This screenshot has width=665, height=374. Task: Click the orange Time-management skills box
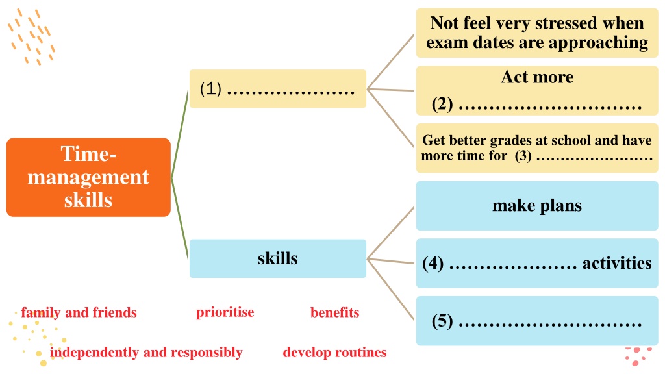click(x=88, y=177)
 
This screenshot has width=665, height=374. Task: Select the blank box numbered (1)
click(x=278, y=88)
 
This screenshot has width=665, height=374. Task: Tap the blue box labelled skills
click(x=278, y=258)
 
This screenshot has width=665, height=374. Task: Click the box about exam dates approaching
click(x=537, y=32)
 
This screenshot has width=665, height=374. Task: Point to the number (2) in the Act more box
click(x=442, y=105)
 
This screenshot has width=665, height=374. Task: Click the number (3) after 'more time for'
click(x=523, y=156)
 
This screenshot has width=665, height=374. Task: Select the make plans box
click(x=537, y=206)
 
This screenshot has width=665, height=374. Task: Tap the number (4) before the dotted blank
click(x=433, y=264)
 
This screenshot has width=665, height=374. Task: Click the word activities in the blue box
click(x=617, y=264)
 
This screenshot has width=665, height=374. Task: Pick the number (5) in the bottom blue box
click(x=442, y=321)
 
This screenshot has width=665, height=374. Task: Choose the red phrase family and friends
click(x=79, y=312)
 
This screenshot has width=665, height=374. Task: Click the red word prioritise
click(x=225, y=312)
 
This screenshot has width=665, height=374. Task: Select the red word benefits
click(x=334, y=312)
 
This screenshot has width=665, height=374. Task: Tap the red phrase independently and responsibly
click(x=146, y=353)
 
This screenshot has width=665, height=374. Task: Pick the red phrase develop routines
click(x=334, y=353)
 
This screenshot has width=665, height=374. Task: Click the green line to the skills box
click(x=179, y=218)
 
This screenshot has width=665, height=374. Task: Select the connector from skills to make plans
click(x=390, y=233)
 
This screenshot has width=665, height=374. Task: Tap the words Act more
click(x=537, y=77)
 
